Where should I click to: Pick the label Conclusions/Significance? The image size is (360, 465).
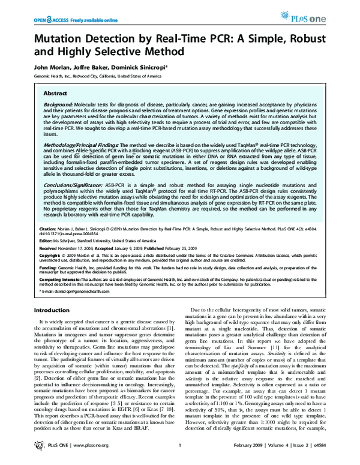(71, 186)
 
